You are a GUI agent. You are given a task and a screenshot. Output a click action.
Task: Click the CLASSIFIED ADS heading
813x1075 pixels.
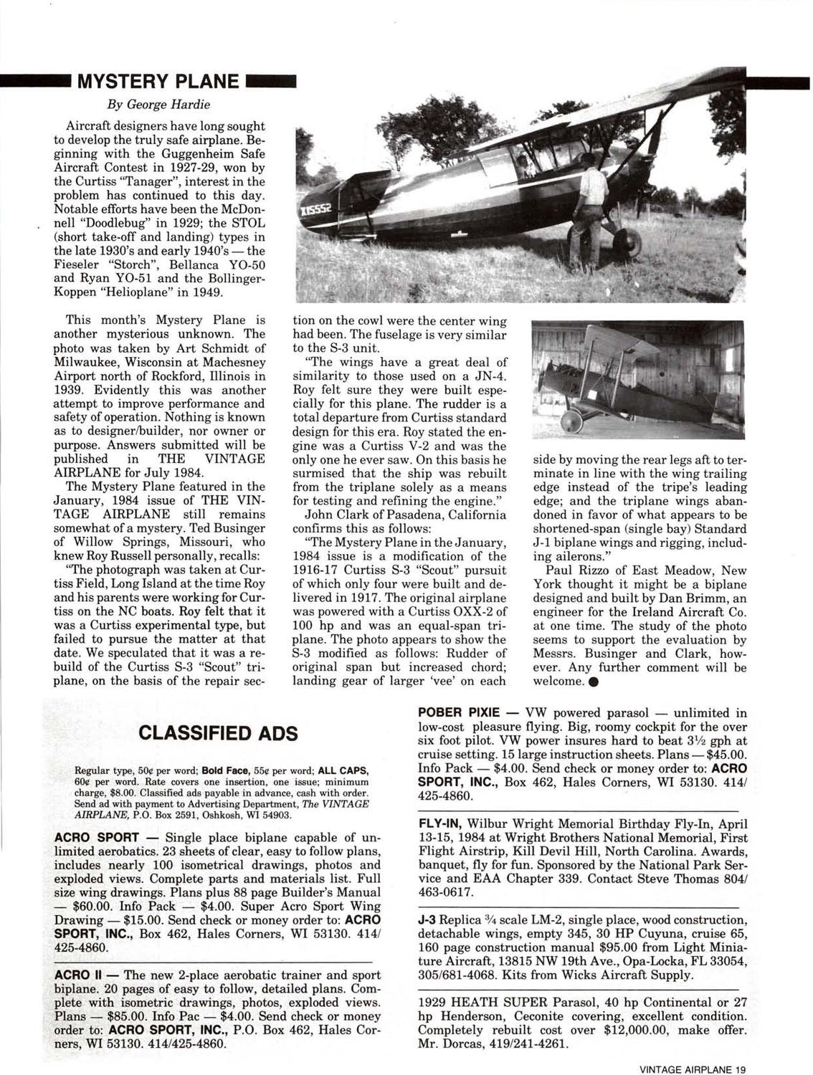(218, 733)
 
